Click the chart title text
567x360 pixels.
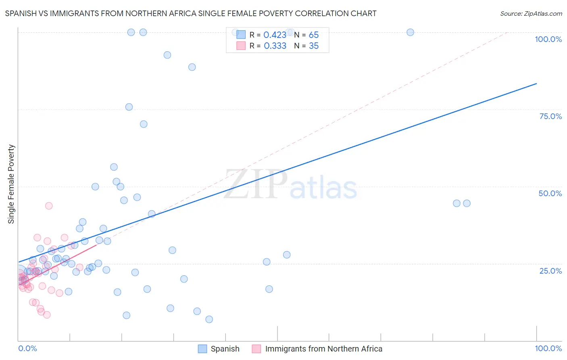click(191, 13)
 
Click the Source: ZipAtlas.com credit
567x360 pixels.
click(531, 13)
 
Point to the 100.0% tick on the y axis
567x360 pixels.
click(548, 39)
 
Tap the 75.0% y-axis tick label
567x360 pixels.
click(550, 116)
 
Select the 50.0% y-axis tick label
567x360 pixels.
click(550, 193)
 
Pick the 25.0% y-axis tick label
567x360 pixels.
click(550, 271)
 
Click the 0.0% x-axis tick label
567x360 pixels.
click(27, 348)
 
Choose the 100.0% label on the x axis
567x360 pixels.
click(548, 348)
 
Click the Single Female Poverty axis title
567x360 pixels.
click(11, 184)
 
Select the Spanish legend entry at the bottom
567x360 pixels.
click(225, 349)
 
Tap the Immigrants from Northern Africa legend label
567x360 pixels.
click(323, 349)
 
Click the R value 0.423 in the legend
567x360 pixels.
click(275, 35)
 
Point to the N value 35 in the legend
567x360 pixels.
click(314, 46)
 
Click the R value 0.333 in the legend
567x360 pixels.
click(275, 46)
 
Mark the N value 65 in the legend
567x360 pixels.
click(314, 35)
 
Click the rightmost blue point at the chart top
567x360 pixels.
click(410, 32)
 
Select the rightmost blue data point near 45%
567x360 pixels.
click(467, 203)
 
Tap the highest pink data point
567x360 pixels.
click(49, 206)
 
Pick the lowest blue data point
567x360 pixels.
click(209, 319)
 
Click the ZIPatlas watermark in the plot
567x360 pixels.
click(290, 185)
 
